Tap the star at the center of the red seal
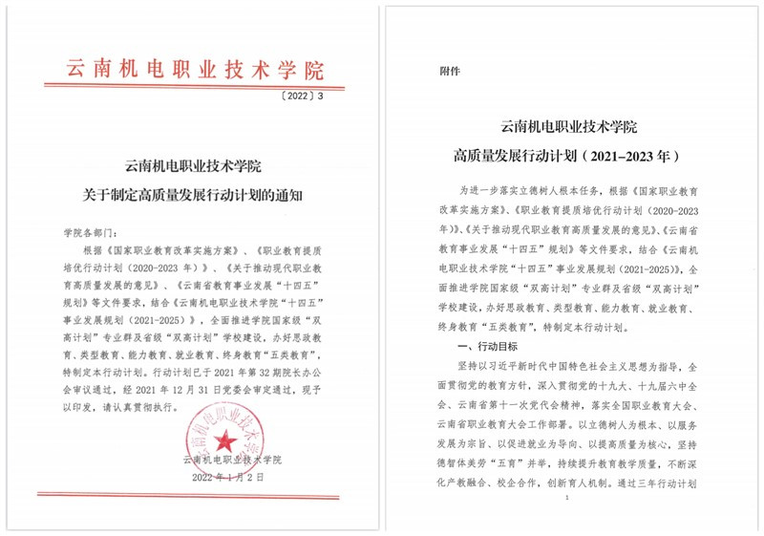point(225,440)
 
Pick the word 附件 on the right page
point(449,70)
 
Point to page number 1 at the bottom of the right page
point(567,499)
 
